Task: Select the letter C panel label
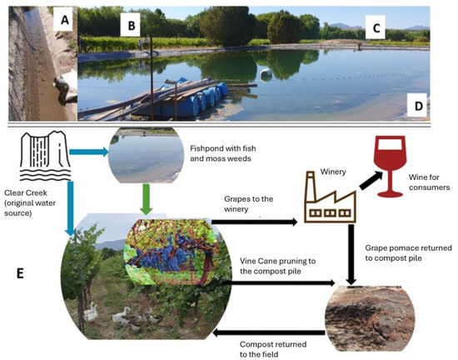tap(376, 28)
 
